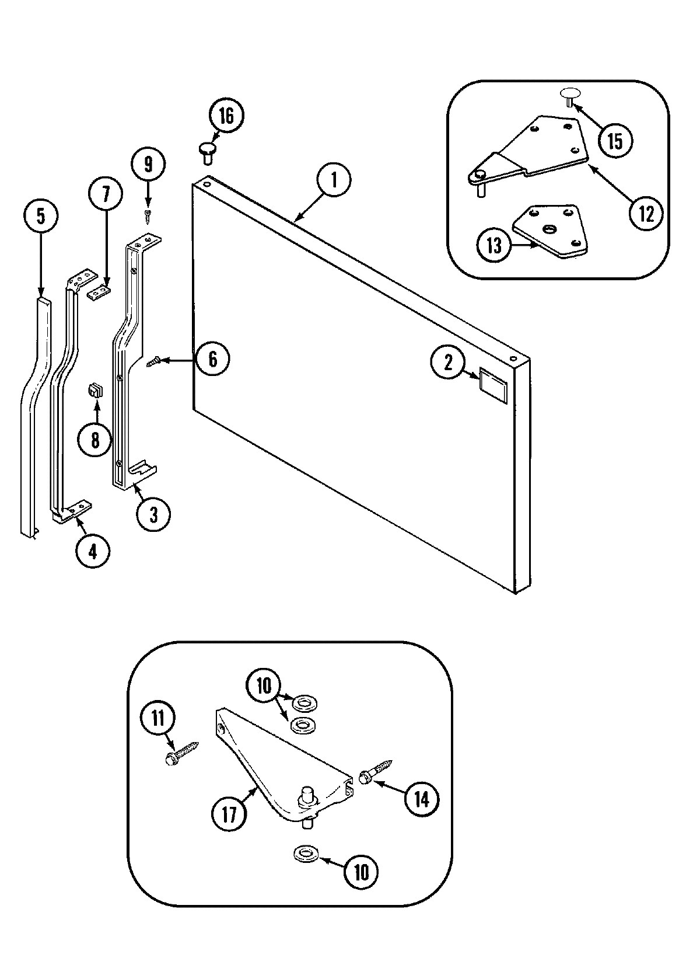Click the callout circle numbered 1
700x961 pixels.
click(x=334, y=180)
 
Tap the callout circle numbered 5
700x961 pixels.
click(x=40, y=215)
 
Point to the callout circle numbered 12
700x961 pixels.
click(x=646, y=214)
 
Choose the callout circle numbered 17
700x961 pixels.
click(x=229, y=813)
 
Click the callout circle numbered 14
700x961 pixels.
click(x=421, y=798)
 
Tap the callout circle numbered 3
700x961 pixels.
click(x=153, y=514)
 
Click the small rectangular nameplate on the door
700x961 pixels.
click(x=494, y=382)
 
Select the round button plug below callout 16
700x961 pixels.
click(x=207, y=152)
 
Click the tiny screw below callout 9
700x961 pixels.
click(x=149, y=217)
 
